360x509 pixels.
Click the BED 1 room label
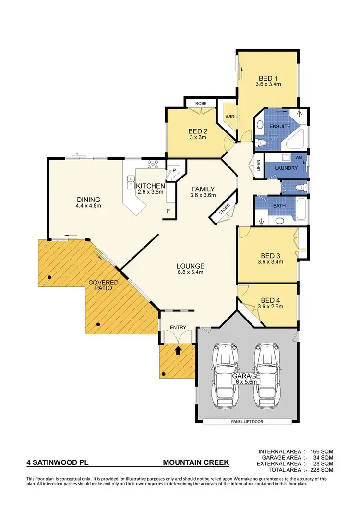(268, 78)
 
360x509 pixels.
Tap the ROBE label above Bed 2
(201, 103)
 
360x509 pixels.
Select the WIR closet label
(229, 117)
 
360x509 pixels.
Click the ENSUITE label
(280, 126)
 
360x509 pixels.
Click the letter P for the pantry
(174, 171)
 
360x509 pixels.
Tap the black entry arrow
(178, 350)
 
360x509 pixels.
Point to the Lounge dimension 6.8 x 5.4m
(191, 273)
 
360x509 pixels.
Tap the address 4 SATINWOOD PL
(58, 463)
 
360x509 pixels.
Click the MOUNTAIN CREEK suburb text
(196, 463)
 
